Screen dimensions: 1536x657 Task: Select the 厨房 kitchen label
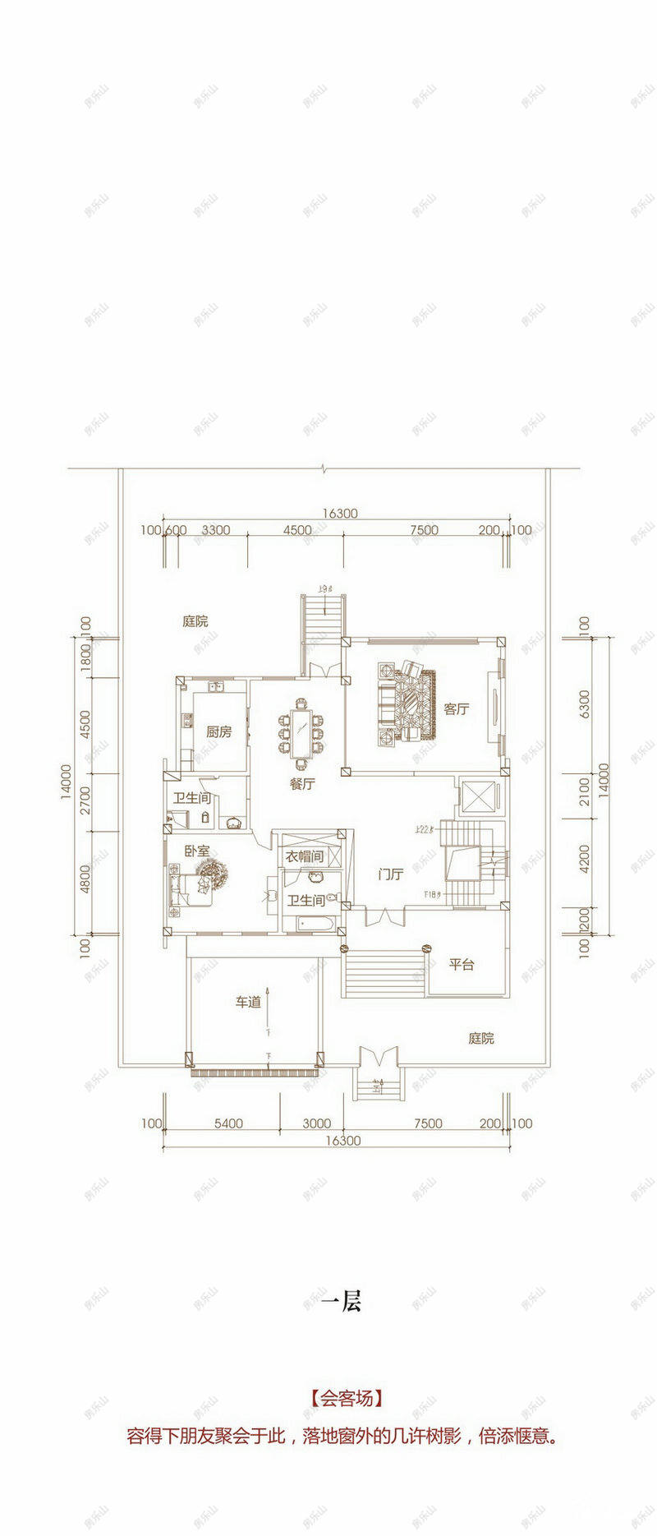point(218,731)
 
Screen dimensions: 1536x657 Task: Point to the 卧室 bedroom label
point(196,852)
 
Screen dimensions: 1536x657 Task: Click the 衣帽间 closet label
point(304,856)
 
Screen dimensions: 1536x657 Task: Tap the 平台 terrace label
point(461,964)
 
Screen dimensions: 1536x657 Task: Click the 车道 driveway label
point(248,1002)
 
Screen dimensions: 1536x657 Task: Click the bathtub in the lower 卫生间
point(311,925)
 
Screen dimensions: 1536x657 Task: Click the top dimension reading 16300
point(339,513)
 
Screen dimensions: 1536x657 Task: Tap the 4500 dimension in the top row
point(297,530)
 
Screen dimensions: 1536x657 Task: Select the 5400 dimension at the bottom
point(227,1123)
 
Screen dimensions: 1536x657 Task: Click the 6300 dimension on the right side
point(584,704)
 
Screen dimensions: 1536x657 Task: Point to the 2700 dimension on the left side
point(87,797)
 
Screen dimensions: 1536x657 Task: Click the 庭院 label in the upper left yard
point(195,621)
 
